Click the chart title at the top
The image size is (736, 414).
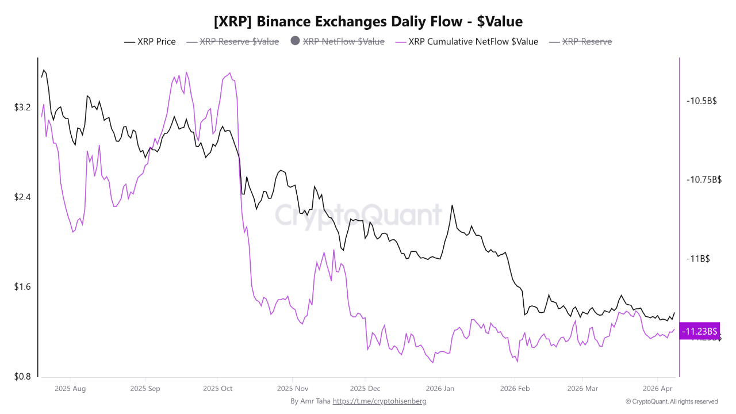click(x=368, y=22)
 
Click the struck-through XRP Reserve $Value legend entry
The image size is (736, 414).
click(x=239, y=41)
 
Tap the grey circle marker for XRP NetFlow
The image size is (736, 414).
click(x=296, y=41)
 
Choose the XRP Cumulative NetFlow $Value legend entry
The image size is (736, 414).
click(x=473, y=41)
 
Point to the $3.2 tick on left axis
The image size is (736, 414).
click(x=22, y=108)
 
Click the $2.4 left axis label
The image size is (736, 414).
click(x=22, y=197)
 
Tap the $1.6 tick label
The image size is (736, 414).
click(x=22, y=287)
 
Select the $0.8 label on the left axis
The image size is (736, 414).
click(x=22, y=377)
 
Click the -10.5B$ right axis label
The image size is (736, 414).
click(x=701, y=101)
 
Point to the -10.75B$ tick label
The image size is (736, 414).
click(x=704, y=179)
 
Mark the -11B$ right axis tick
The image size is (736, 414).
click(x=698, y=259)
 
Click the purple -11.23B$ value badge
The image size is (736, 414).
click(x=699, y=331)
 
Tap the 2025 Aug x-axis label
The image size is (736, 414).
click(x=70, y=389)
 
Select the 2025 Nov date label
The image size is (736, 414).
click(x=292, y=389)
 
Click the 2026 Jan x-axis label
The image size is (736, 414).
click(x=439, y=389)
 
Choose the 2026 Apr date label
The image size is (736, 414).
click(x=658, y=389)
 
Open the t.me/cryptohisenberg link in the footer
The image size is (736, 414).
click(x=379, y=401)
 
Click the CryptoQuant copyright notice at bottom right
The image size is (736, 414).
click(x=672, y=401)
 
